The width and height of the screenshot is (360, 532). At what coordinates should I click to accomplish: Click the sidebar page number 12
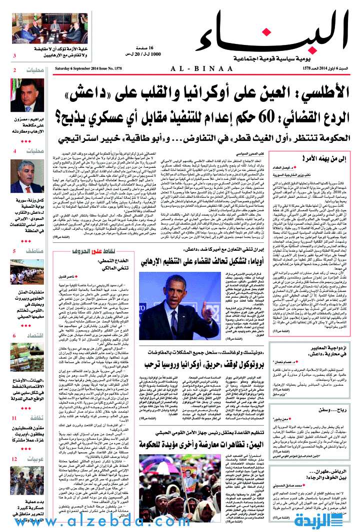(x=15, y=459)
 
